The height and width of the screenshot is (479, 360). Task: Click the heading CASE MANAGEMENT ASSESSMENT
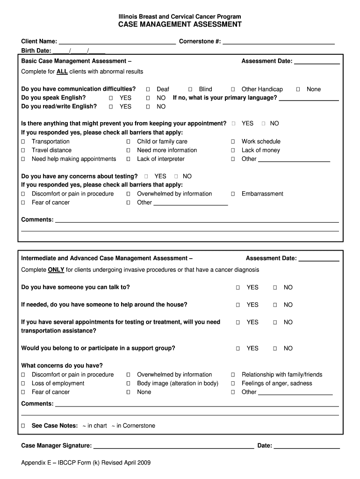pos(180,24)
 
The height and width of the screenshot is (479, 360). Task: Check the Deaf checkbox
pos(148,89)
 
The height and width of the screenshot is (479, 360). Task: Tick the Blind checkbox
pos(190,89)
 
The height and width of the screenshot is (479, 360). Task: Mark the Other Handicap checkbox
pos(233,89)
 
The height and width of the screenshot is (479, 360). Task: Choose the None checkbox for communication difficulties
pos(298,89)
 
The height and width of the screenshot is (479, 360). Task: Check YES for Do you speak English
pos(111,98)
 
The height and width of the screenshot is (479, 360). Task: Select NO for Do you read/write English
pos(148,107)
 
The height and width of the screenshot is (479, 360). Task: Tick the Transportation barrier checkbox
pos(23,142)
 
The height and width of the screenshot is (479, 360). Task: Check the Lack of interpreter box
pos(128,159)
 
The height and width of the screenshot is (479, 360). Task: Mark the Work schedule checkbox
pos(233,142)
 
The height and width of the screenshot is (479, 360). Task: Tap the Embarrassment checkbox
pos(233,194)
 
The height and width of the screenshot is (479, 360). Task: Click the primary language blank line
pos(309,98)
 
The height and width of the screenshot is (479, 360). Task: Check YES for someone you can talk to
pos(238,288)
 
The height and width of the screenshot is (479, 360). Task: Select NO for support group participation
pos(275,348)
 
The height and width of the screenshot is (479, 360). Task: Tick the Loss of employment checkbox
pos(23,384)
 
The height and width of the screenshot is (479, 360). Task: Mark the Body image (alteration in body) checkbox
pos(128,384)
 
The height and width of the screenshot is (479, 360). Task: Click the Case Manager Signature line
pos(173,446)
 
